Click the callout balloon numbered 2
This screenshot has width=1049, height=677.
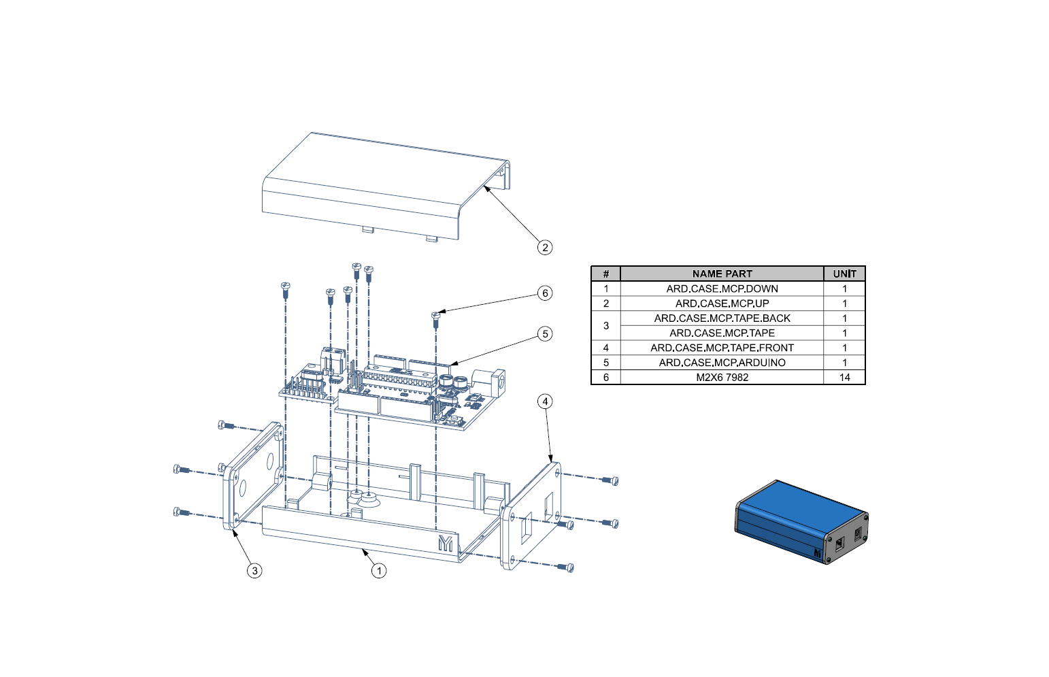pyautogui.click(x=545, y=248)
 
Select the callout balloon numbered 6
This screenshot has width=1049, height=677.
pyautogui.click(x=545, y=293)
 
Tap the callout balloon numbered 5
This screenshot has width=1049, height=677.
pyautogui.click(x=545, y=334)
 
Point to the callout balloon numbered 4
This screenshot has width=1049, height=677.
pyautogui.click(x=545, y=401)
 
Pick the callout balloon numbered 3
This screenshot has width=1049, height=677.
pyautogui.click(x=254, y=570)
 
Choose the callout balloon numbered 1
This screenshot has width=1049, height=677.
pyautogui.click(x=379, y=570)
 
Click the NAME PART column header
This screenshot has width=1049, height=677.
pyautogui.click(x=722, y=274)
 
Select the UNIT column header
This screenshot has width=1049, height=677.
pyautogui.click(x=844, y=274)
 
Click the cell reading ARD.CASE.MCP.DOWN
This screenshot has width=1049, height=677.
pyautogui.click(x=722, y=288)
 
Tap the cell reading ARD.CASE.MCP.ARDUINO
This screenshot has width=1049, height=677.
pyautogui.click(x=722, y=363)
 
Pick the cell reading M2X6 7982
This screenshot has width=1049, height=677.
pyautogui.click(x=722, y=377)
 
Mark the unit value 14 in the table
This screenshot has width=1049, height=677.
pyautogui.click(x=844, y=377)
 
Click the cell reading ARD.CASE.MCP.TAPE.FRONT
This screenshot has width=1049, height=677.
pyautogui.click(x=722, y=348)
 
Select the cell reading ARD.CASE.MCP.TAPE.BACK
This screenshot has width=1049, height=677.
pyautogui.click(x=722, y=318)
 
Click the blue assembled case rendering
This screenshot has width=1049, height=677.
pyautogui.click(x=801, y=523)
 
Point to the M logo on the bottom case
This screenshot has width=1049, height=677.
pyautogui.click(x=446, y=543)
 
